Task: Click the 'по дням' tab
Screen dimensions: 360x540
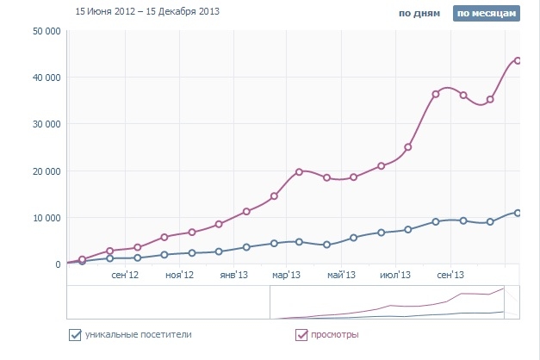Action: point(419,14)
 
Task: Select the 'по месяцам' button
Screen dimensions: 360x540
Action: point(487,14)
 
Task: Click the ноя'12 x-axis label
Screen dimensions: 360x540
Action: point(178,276)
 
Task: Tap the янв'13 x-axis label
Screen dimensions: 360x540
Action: point(233,276)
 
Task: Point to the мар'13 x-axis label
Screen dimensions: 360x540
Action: point(287,276)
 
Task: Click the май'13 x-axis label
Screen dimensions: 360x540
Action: point(341,276)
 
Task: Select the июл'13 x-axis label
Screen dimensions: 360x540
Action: point(395,276)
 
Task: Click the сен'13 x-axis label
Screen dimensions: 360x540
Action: point(450,276)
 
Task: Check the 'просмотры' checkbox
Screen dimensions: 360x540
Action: point(301,334)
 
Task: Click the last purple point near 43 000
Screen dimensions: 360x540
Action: point(518,60)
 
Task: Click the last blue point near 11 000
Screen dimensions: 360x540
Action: point(518,212)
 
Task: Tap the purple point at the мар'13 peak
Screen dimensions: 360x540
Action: point(300,171)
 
